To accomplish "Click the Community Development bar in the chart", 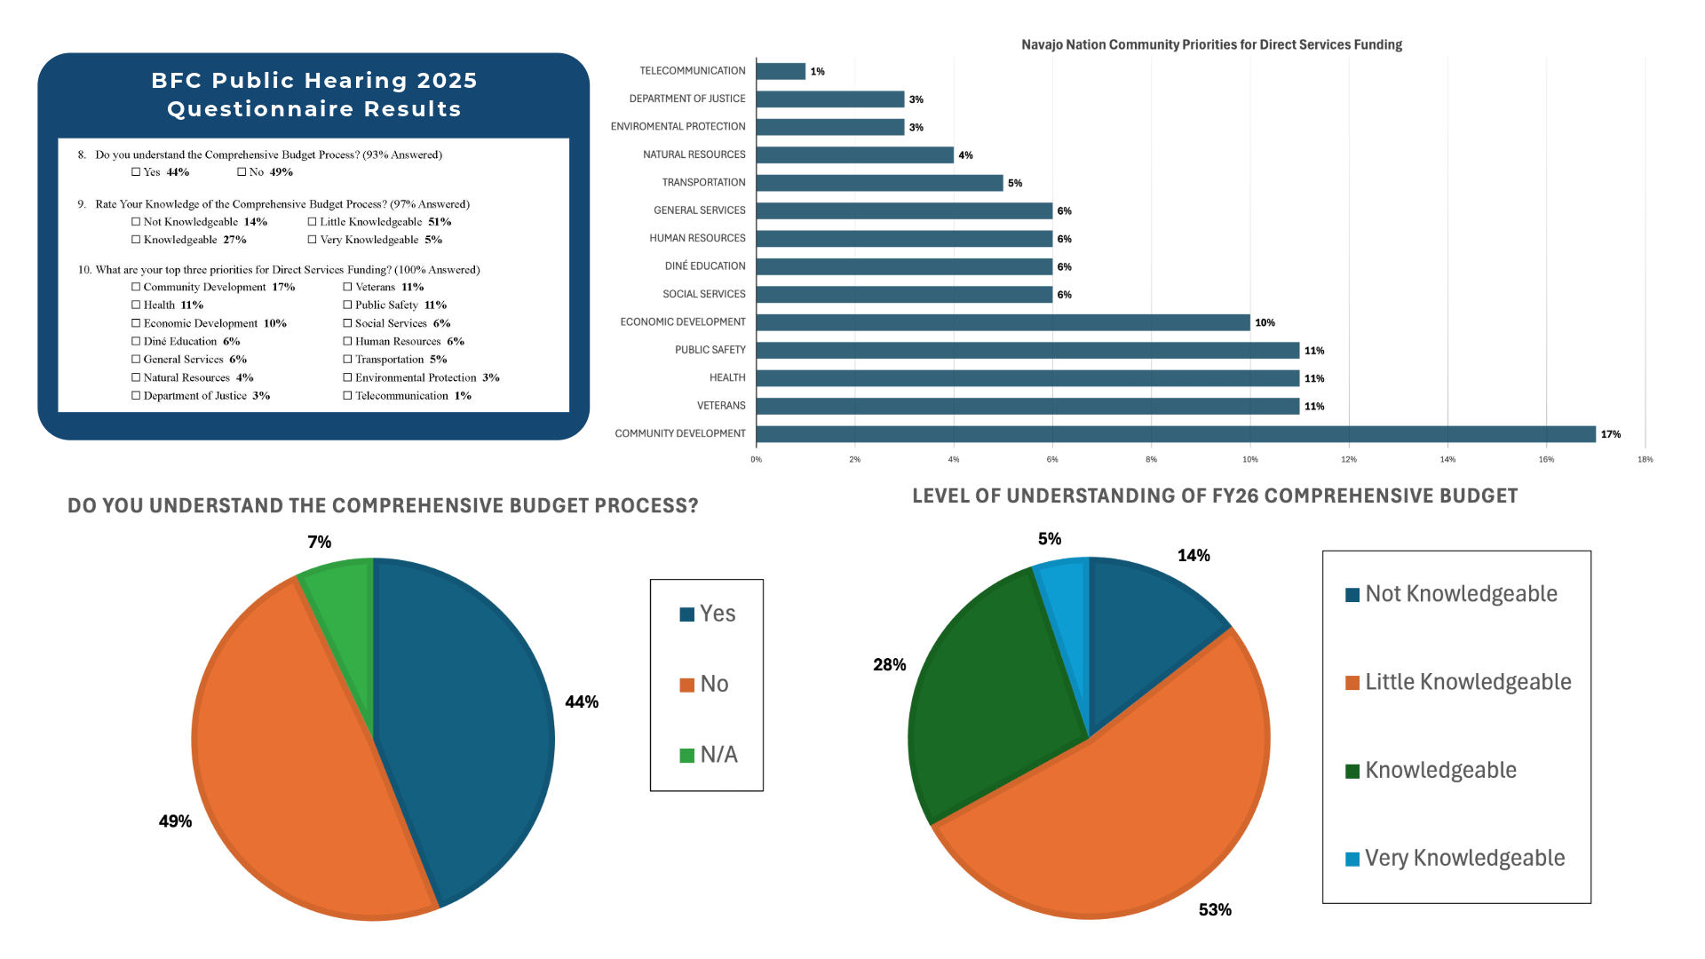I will point(1175,434).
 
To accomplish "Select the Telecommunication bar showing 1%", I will point(781,71).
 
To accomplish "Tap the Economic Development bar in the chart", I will point(1003,322).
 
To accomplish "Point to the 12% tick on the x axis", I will point(1349,460).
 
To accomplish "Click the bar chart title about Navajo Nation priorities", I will point(1211,44).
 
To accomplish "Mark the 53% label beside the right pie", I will point(1215,910).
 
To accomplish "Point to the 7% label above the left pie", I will point(320,542).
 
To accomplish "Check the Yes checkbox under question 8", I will point(136,172).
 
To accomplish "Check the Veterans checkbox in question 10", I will point(348,287).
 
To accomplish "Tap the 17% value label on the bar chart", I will point(1611,434).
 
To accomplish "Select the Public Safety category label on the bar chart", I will point(710,350).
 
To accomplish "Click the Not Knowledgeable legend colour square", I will point(1352,595).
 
